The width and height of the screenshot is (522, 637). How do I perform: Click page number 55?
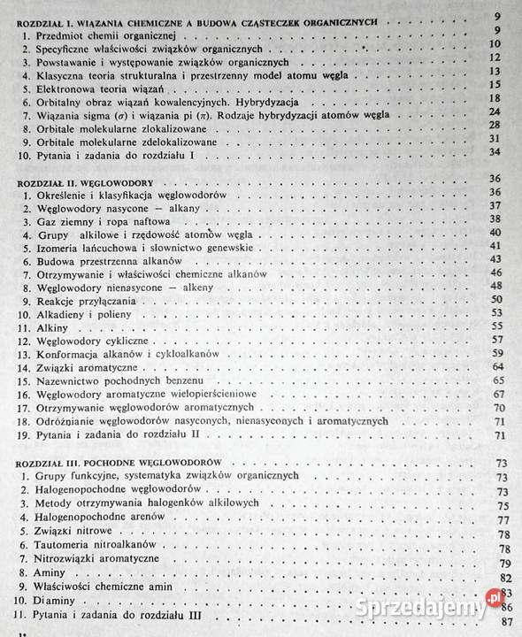pyautogui.click(x=496, y=326)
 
